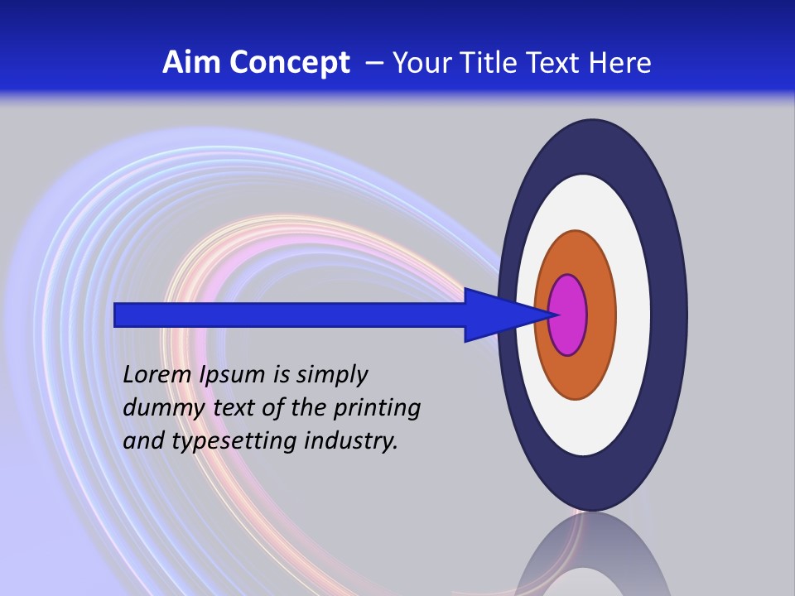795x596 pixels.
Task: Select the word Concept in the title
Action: point(290,63)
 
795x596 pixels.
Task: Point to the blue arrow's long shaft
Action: point(290,315)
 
